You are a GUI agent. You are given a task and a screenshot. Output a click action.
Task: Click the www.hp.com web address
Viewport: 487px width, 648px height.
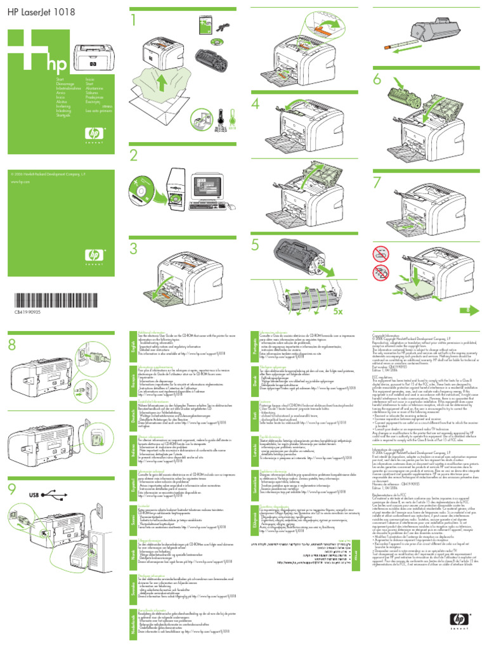[x=22, y=181]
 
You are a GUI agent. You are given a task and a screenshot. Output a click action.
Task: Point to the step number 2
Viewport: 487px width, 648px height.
[x=134, y=156]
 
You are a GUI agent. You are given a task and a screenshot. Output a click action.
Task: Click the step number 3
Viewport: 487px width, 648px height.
[x=134, y=248]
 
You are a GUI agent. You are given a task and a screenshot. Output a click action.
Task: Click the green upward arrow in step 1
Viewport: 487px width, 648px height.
[x=164, y=83]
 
